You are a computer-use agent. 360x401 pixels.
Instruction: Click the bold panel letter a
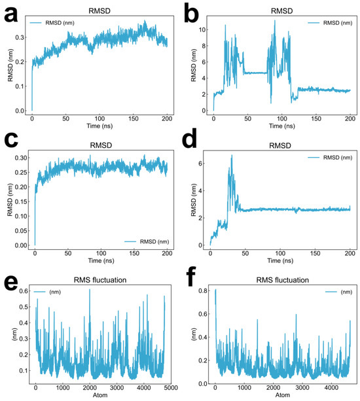click(11, 14)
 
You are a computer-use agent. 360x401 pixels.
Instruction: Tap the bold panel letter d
click(190, 139)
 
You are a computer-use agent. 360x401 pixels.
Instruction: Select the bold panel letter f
click(190, 277)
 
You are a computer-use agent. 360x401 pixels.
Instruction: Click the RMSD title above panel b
click(281, 11)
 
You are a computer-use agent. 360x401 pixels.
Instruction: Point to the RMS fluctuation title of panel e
click(100, 280)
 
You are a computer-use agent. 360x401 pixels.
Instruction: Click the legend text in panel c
click(154, 241)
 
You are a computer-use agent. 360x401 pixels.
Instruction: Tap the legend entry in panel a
click(52, 23)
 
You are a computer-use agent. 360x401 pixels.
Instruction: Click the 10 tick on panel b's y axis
click(202, 29)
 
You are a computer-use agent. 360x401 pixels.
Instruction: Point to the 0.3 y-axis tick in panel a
click(20, 37)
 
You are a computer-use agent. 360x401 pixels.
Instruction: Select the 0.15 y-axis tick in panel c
click(21, 201)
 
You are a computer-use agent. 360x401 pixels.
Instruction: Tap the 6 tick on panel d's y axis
click(200, 164)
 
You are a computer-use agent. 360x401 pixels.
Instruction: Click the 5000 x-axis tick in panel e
click(171, 388)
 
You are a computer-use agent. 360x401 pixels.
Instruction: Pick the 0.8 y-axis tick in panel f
click(203, 290)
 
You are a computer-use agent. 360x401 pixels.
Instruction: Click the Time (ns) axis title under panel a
click(99, 126)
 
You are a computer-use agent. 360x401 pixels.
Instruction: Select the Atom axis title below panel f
click(283, 395)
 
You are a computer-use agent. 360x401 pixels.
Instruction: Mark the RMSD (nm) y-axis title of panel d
click(194, 200)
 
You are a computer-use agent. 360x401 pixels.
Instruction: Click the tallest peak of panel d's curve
click(232, 155)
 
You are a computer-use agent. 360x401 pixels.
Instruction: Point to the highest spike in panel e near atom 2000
click(90, 290)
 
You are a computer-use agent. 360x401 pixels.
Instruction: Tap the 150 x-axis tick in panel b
click(316, 118)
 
